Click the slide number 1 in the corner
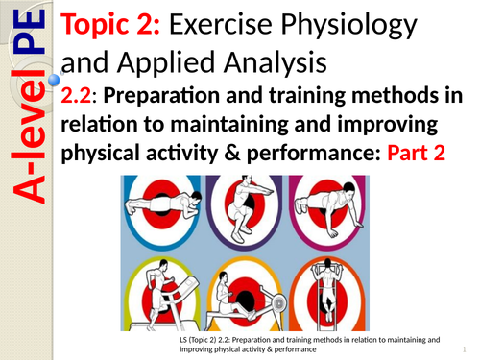point(462,348)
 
